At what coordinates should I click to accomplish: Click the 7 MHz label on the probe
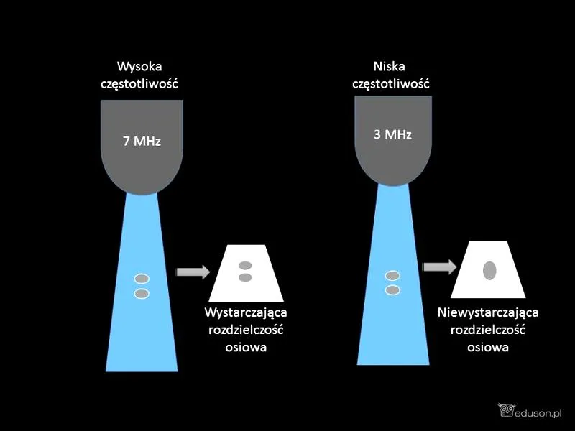[x=142, y=141]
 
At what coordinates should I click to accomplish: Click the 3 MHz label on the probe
[x=392, y=134]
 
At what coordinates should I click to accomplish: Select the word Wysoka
[x=139, y=67]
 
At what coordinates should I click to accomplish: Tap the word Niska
[x=390, y=67]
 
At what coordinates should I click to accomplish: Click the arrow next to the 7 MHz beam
[x=193, y=272]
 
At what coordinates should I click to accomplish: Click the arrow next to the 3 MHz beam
[x=440, y=267]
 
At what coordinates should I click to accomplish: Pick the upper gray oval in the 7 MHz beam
[x=142, y=279]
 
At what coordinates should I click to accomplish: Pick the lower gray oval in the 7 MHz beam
[x=142, y=294]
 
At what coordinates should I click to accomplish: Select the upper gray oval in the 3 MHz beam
[x=392, y=276]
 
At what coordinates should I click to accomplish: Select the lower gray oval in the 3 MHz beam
[x=392, y=290]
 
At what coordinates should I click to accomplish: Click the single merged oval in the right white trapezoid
[x=489, y=271]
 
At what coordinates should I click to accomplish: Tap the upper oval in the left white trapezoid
[x=245, y=265]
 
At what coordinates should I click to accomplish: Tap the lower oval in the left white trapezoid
[x=245, y=277]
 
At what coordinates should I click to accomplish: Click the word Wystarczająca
[x=246, y=313]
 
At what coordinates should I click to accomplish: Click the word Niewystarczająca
[x=488, y=313]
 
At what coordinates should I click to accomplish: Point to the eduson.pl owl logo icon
[x=506, y=410]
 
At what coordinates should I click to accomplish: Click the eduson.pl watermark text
[x=538, y=414]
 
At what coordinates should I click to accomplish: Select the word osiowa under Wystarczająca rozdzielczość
[x=246, y=347]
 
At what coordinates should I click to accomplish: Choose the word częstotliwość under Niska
[x=391, y=84]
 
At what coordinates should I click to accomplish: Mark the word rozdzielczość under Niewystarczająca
[x=488, y=330]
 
